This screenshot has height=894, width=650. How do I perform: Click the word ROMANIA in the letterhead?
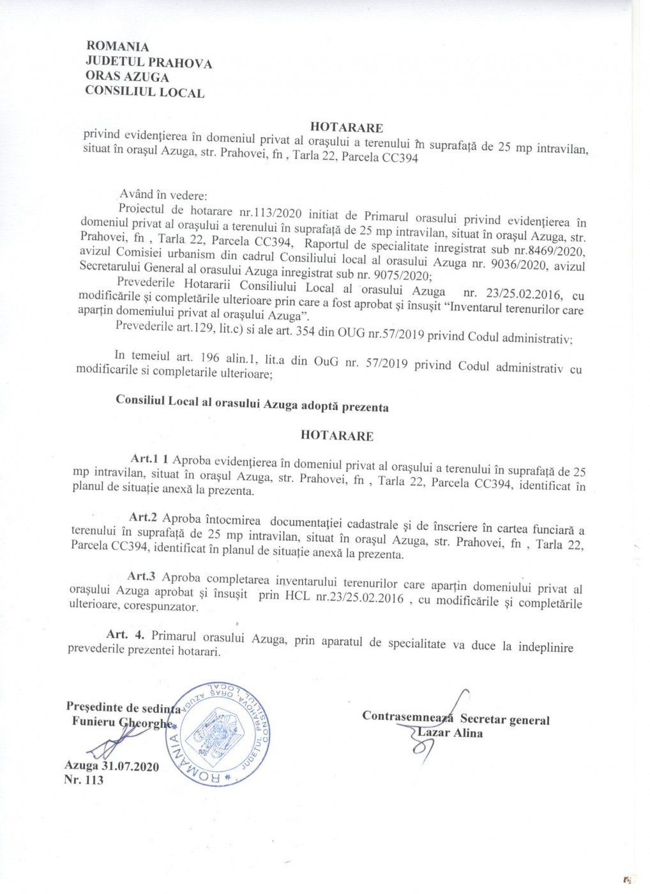click(x=117, y=47)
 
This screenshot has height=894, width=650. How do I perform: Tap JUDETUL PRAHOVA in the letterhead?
click(x=149, y=63)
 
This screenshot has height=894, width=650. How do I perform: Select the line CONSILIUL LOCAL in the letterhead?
click(x=145, y=92)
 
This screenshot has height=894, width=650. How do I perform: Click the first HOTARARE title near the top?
click(x=346, y=128)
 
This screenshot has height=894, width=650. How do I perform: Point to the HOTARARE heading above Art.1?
click(x=337, y=436)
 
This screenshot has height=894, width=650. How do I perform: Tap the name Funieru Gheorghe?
click(x=121, y=722)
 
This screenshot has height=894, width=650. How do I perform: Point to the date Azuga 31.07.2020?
click(x=112, y=766)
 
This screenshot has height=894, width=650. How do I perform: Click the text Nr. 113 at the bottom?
click(x=84, y=780)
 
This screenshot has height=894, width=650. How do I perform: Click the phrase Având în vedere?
click(x=163, y=195)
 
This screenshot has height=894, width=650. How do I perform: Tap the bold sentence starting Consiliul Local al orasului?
click(x=252, y=404)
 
